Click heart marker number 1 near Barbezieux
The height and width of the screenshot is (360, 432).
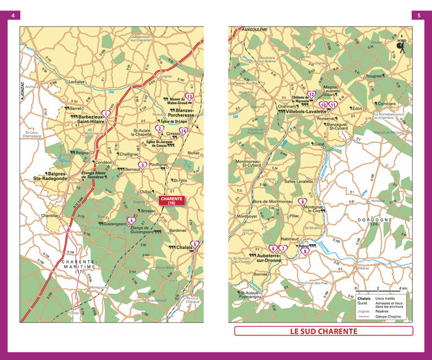coord(106,114)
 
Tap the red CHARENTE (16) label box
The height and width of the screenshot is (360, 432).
coord(172,201)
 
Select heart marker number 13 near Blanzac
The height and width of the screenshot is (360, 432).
coord(190,97)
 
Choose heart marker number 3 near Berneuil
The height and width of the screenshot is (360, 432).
coord(143,165)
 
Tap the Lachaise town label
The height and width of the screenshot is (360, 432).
coord(77,81)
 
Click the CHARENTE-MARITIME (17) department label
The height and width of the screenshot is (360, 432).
coord(78,266)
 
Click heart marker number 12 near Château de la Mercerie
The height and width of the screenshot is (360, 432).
coord(312,95)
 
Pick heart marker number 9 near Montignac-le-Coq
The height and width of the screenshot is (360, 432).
coord(302,202)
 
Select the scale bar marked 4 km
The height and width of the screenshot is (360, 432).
coord(378,288)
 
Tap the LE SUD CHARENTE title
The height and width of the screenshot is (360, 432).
coord(323,331)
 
